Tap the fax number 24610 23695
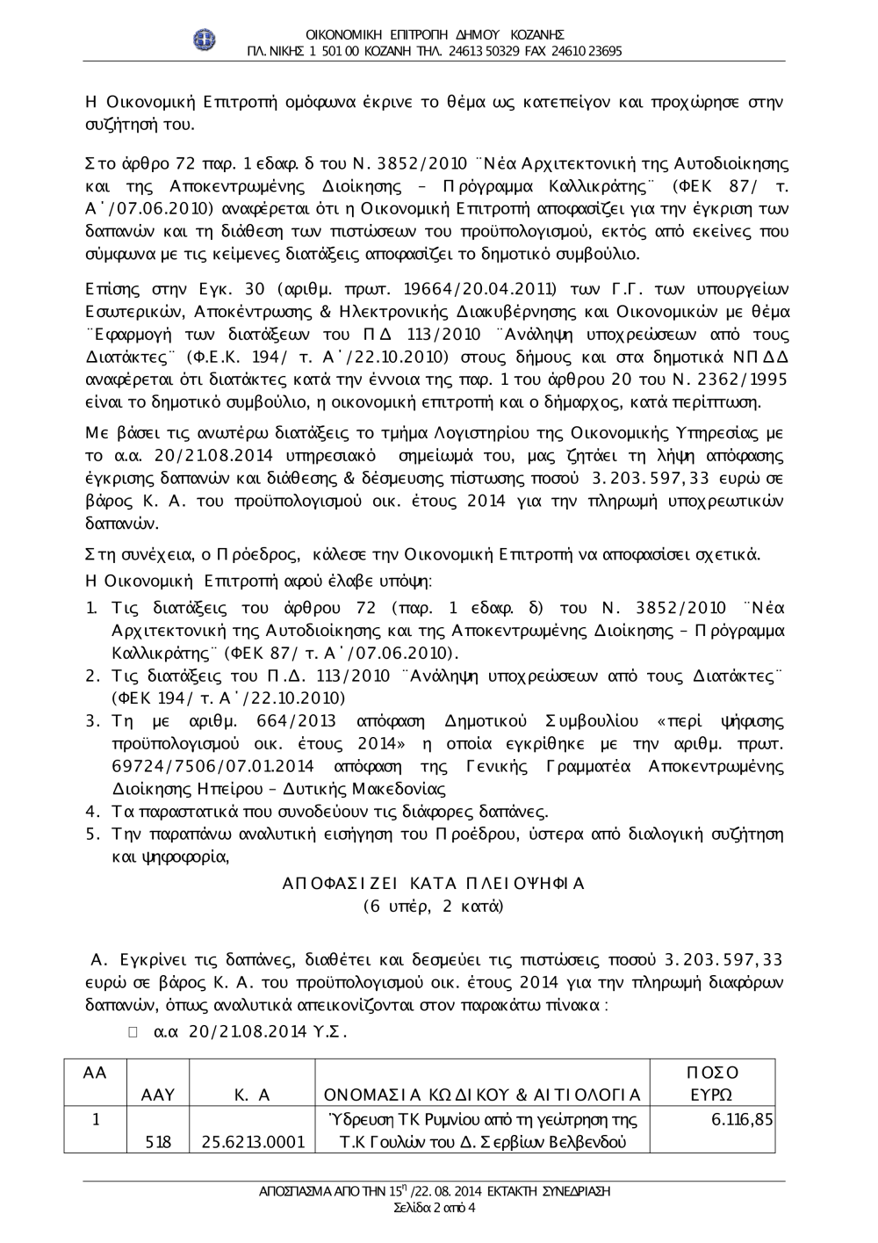[x=587, y=51]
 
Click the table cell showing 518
[x=158, y=1142]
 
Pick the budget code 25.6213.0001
[x=253, y=1142]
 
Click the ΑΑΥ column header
[x=158, y=1095]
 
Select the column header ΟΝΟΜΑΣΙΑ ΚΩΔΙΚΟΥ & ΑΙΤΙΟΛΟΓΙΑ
[x=482, y=1095]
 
